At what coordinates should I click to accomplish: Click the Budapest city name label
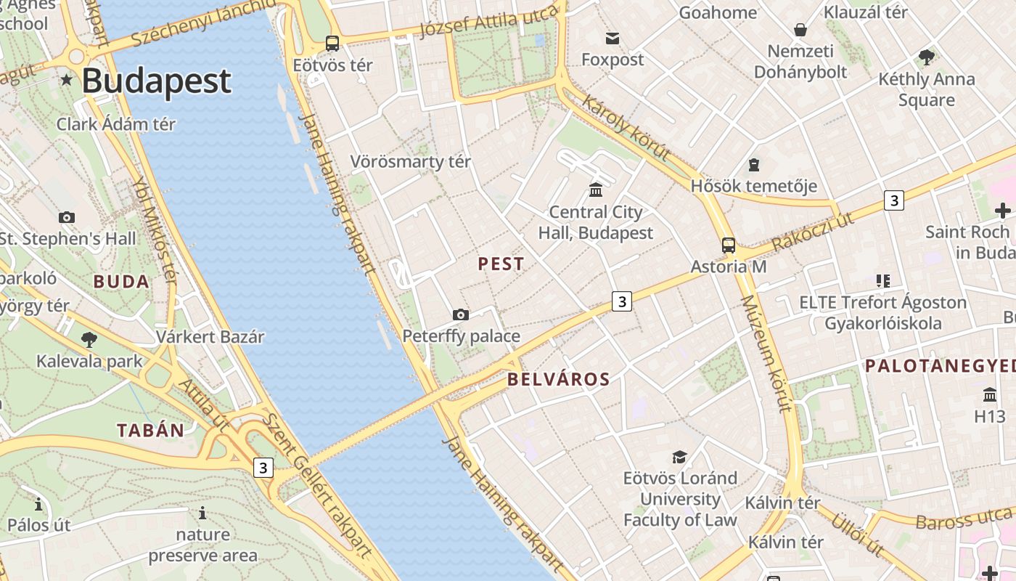pyautogui.click(x=156, y=81)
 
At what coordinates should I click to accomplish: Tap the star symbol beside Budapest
pyautogui.click(x=67, y=79)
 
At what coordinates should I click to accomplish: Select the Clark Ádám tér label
pyautogui.click(x=116, y=124)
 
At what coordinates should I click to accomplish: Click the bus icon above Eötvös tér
pyautogui.click(x=332, y=44)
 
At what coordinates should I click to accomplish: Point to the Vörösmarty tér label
pyautogui.click(x=411, y=161)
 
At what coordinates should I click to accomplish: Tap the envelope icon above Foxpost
pyautogui.click(x=613, y=38)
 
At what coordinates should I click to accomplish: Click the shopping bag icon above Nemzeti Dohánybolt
pyautogui.click(x=800, y=30)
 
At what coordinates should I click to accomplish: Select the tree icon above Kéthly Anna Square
pyautogui.click(x=926, y=57)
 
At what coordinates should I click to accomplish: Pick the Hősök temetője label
pyautogui.click(x=753, y=186)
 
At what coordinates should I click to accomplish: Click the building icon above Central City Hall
pyautogui.click(x=596, y=190)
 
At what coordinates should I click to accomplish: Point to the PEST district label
pyautogui.click(x=501, y=264)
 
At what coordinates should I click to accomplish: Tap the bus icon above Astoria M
pyautogui.click(x=728, y=245)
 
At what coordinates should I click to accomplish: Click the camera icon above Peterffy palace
pyautogui.click(x=460, y=314)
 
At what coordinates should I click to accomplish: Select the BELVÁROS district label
pyautogui.click(x=559, y=379)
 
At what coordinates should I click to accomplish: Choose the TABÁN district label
pyautogui.click(x=151, y=430)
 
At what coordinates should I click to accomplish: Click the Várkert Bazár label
pyautogui.click(x=210, y=337)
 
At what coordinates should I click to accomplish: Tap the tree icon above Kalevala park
pyautogui.click(x=89, y=339)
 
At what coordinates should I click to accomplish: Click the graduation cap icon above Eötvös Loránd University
pyautogui.click(x=679, y=457)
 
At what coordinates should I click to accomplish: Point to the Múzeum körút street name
pyautogui.click(x=765, y=354)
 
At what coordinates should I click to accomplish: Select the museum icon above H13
pyautogui.click(x=990, y=395)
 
